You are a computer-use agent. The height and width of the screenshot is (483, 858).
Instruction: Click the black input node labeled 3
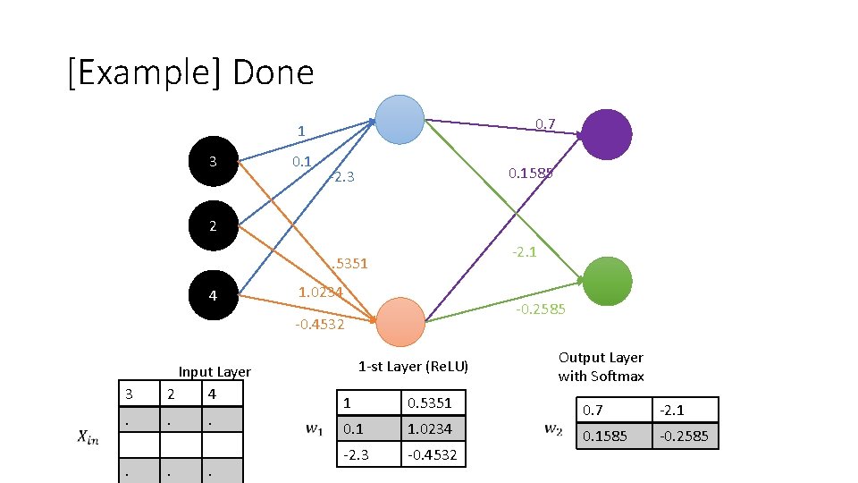tap(213, 162)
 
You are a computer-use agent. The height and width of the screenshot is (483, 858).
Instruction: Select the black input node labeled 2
tap(213, 225)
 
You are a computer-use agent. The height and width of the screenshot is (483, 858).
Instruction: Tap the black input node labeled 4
tap(213, 295)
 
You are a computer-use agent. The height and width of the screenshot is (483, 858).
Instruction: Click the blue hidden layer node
tap(400, 119)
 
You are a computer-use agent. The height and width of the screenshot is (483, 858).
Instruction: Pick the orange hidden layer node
tap(400, 322)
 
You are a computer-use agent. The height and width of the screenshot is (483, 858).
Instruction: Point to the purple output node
tap(607, 134)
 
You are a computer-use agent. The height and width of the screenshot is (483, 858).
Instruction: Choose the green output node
tap(607, 280)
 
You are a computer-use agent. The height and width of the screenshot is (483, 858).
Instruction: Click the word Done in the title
tap(273, 72)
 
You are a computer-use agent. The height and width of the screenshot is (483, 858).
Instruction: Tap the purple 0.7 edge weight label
tap(545, 123)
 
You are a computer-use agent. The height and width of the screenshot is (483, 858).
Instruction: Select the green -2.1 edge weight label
tap(524, 252)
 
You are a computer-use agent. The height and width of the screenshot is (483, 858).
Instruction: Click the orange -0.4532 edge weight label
tap(319, 325)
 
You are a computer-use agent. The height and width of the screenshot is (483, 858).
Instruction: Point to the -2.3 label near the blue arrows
tap(341, 177)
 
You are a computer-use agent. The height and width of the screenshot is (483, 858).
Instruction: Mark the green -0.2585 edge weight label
tap(541, 309)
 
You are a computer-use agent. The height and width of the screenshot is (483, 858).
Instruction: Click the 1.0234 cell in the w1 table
tap(429, 429)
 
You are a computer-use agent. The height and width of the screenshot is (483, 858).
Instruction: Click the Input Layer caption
tap(214, 372)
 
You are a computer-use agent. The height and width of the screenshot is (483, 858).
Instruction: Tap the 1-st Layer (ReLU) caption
tap(413, 367)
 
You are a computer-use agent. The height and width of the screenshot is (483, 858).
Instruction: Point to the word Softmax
tap(617, 377)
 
